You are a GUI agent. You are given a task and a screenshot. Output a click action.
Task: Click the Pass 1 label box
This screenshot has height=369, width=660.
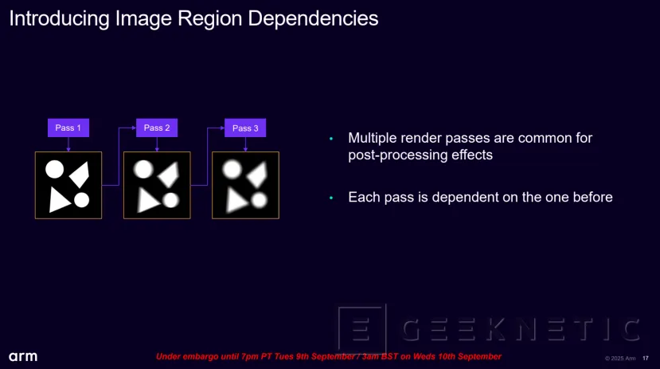click(68, 128)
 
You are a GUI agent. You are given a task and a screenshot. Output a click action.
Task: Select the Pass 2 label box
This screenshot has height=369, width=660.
click(157, 128)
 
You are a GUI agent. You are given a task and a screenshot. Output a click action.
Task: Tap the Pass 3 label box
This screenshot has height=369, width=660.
click(245, 128)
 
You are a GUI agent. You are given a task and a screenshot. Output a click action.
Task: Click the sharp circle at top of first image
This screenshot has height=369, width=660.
click(54, 169)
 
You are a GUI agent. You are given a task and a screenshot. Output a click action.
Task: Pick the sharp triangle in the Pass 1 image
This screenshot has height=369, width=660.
click(58, 201)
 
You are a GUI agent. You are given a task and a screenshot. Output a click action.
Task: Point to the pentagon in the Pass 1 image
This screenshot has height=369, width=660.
click(80, 174)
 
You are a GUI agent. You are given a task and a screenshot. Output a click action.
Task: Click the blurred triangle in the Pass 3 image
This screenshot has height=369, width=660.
click(236, 201)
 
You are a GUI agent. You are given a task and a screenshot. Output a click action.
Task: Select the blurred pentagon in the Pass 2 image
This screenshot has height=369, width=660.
click(168, 174)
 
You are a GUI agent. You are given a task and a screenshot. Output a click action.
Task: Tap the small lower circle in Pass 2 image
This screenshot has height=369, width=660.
click(170, 200)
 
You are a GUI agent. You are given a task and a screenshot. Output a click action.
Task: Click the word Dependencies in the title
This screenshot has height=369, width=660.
click(313, 19)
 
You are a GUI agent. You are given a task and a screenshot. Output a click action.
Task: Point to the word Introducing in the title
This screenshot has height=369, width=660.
click(60, 19)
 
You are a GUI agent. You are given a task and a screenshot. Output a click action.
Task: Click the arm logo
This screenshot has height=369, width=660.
click(23, 357)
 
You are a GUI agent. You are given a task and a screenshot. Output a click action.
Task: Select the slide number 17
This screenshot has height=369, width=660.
click(646, 358)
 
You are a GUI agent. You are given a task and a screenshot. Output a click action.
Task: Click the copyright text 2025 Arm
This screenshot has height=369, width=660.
click(620, 358)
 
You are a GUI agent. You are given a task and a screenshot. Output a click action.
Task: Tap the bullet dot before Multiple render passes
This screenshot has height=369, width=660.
click(331, 139)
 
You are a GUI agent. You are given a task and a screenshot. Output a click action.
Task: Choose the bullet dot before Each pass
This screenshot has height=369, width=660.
click(331, 198)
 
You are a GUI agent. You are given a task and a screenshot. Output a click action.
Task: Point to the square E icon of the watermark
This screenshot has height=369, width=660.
click(362, 329)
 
